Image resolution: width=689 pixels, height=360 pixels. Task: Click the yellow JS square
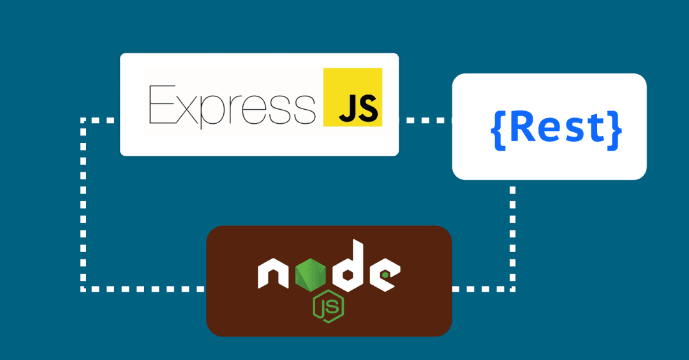point(352,97)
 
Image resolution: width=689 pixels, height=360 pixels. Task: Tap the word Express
point(232,105)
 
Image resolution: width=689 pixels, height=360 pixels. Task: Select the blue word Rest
point(557,128)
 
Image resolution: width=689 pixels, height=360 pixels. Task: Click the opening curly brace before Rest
point(499,131)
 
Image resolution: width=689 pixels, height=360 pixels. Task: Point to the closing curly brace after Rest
point(614,131)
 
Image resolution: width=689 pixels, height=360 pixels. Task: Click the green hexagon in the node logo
point(309,274)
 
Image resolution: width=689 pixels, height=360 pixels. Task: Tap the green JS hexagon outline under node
point(329,306)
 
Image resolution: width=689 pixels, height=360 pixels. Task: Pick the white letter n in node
point(273,274)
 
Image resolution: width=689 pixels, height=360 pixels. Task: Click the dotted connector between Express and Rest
point(426,120)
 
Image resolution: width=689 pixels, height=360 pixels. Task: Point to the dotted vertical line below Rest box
point(512,237)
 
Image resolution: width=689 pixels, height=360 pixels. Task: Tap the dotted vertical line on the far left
point(83,204)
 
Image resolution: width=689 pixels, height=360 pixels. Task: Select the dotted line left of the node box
point(144,289)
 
